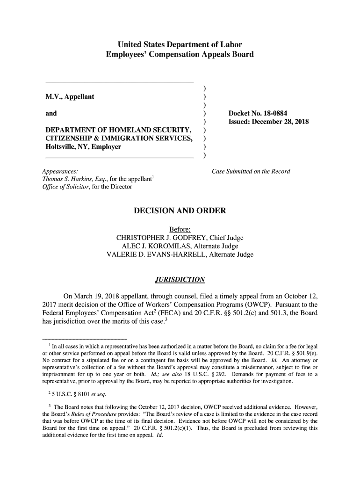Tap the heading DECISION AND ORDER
pos(180,210)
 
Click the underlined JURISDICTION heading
pos(180,280)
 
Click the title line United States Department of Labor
pos(180,45)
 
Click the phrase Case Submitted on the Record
pos(251,171)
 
